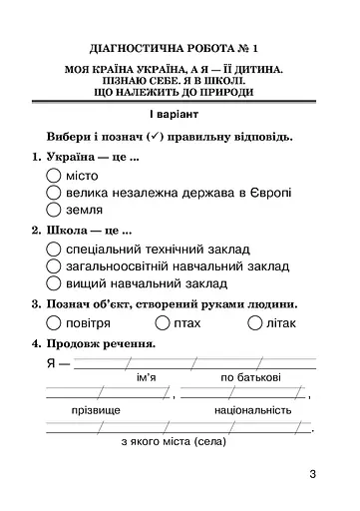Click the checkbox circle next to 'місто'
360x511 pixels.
pos(54,174)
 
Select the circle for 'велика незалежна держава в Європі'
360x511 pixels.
pos(54,192)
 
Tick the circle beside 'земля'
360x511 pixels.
pos(54,210)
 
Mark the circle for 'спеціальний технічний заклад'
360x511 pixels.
pos(54,249)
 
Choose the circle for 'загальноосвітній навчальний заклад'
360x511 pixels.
pos(54,266)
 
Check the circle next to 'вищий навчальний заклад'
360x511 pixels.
pos(54,284)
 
